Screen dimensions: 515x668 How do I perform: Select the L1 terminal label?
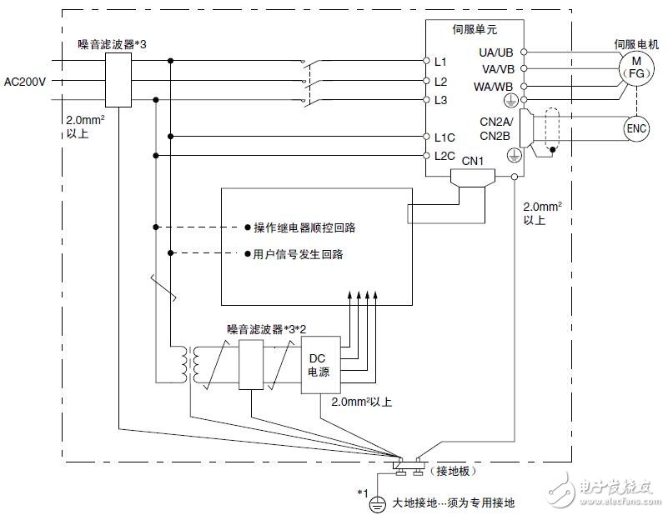click(441, 62)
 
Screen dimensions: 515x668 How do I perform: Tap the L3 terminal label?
click(441, 100)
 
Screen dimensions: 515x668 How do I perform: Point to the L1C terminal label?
click(444, 137)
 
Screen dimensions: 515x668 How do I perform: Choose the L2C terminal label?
click(444, 156)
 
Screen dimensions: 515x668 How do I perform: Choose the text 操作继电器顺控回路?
click(304, 227)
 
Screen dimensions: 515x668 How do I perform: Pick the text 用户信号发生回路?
click(298, 254)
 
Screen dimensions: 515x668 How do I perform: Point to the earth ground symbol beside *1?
click(377, 502)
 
